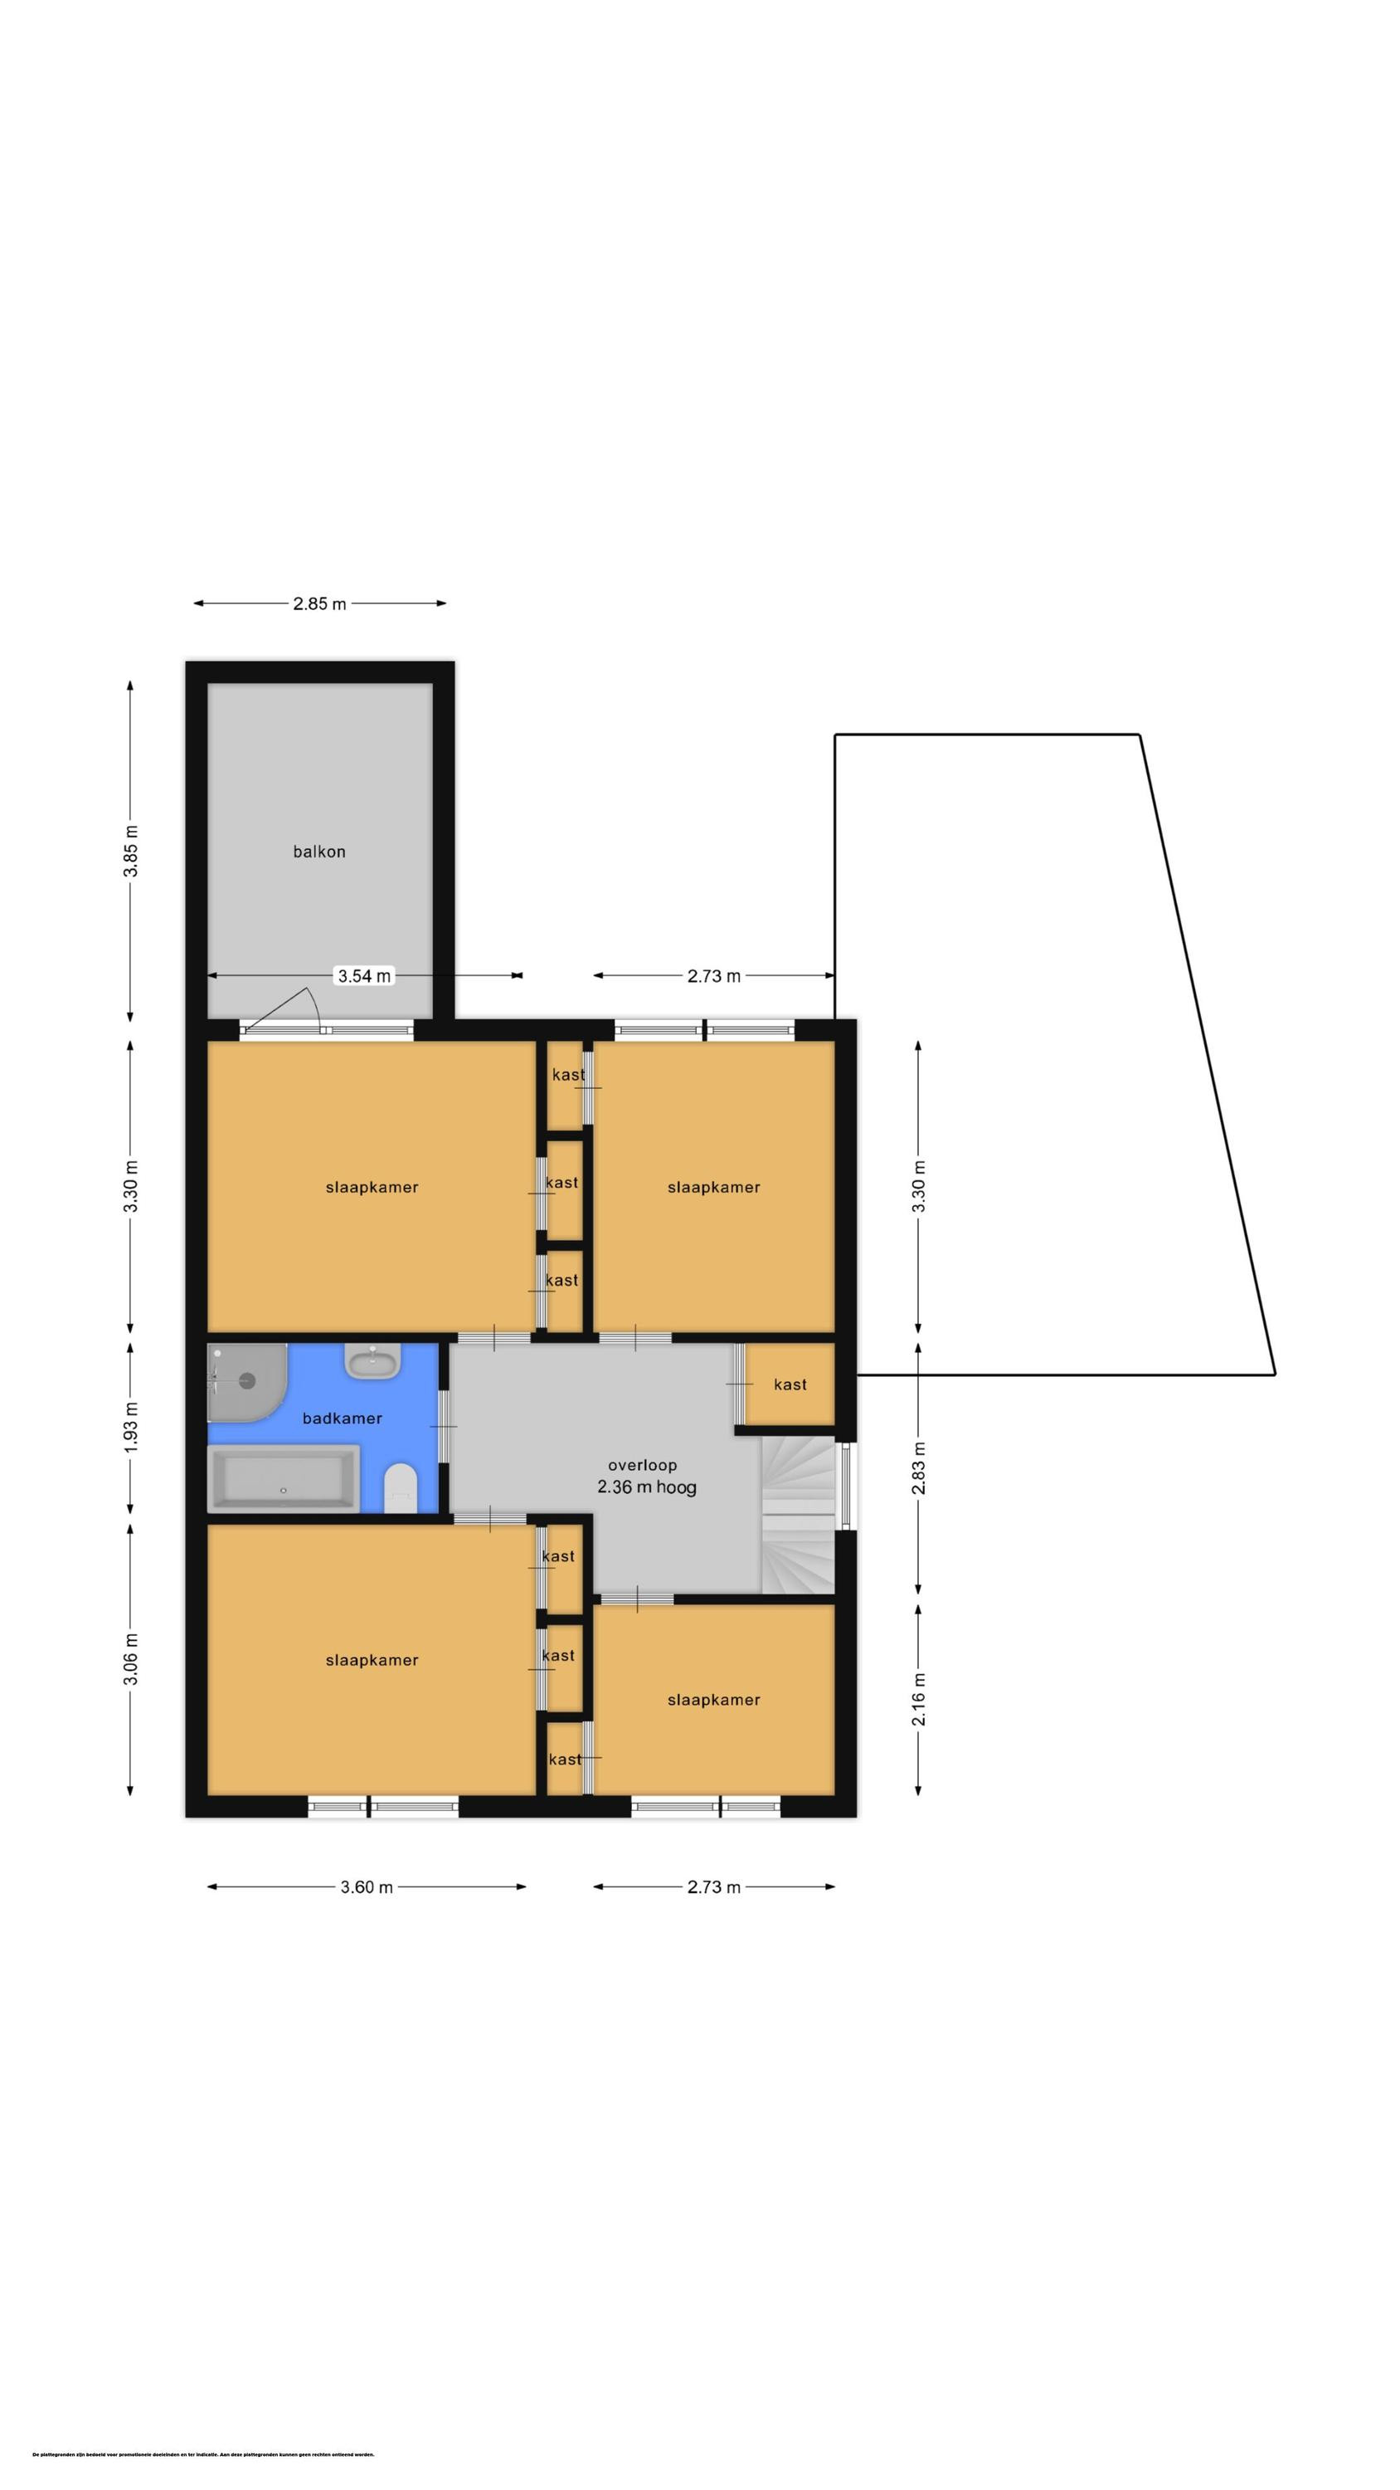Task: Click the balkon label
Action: [x=318, y=852]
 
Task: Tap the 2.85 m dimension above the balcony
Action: [x=318, y=604]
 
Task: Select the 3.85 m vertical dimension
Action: [x=130, y=851]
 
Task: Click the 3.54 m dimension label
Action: [x=364, y=975]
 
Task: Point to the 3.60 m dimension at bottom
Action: [x=367, y=1887]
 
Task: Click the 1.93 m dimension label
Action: [x=130, y=1425]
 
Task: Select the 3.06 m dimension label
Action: [x=130, y=1658]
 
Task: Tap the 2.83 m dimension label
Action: [x=919, y=1468]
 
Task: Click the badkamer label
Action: [x=342, y=1418]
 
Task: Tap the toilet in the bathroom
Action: [x=400, y=1487]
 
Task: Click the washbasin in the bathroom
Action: [x=373, y=1363]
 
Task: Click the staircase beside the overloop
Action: [x=798, y=1513]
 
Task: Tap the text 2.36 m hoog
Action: [x=646, y=1487]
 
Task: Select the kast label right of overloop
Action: [x=790, y=1384]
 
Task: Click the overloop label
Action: [x=643, y=1464]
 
